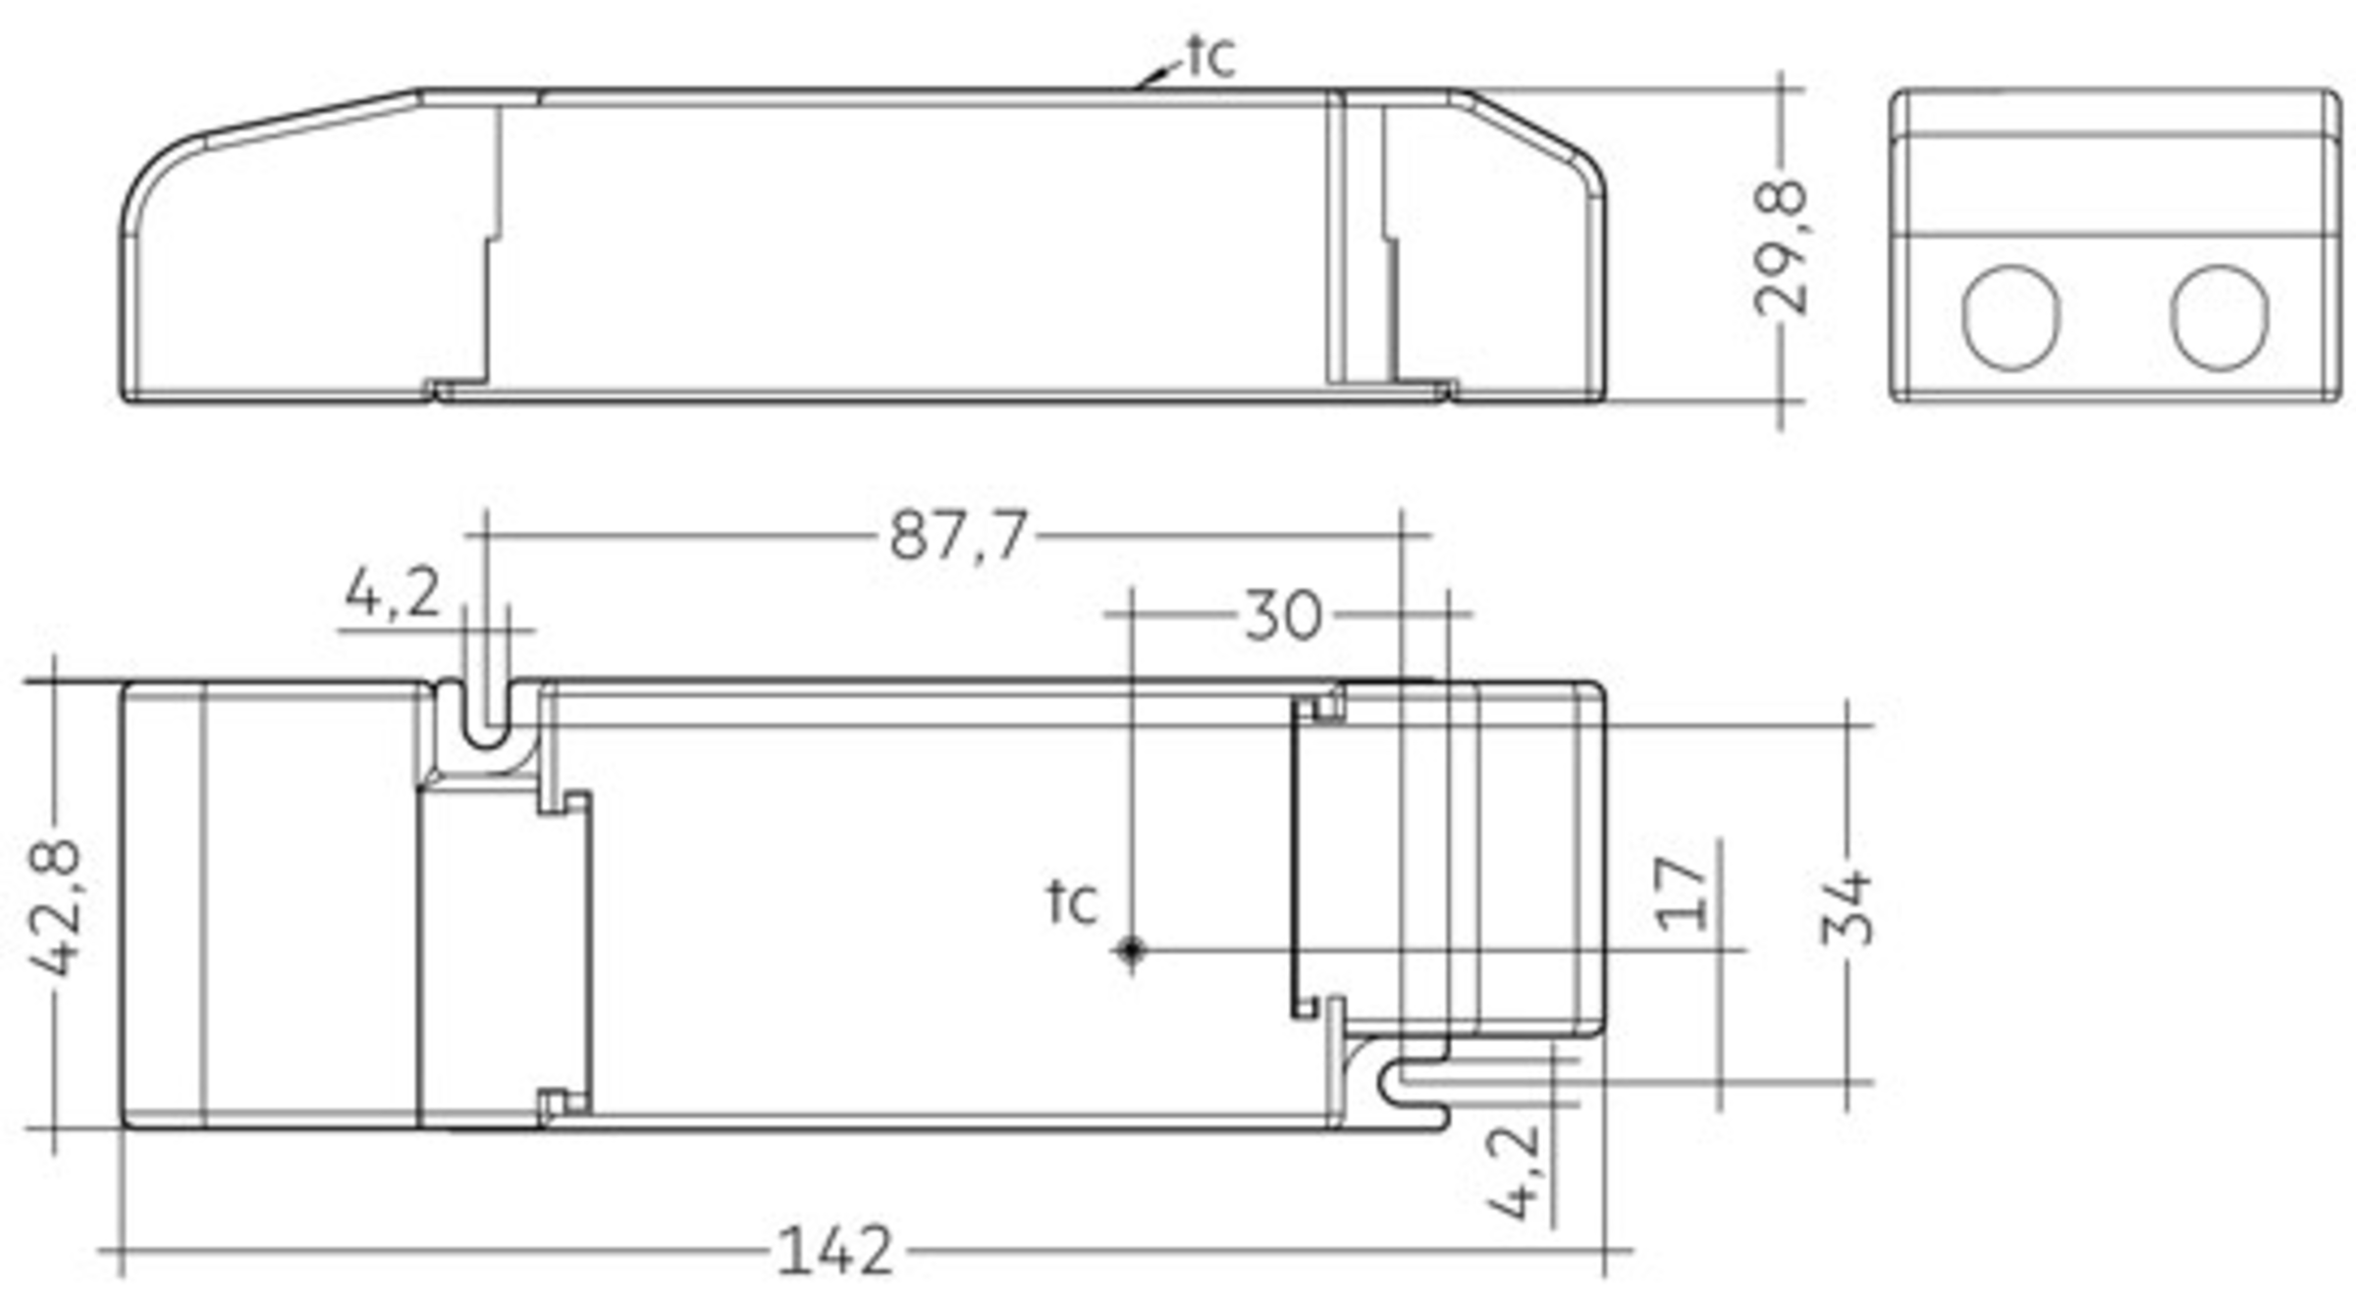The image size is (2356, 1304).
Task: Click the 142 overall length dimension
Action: pyautogui.click(x=835, y=1250)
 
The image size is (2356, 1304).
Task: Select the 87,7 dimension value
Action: pyautogui.click(x=958, y=536)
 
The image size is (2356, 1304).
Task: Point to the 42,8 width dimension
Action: pyautogui.click(x=55, y=908)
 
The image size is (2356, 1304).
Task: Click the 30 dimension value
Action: pyautogui.click(x=1283, y=616)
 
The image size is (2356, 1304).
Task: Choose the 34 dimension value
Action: pyautogui.click(x=1847, y=906)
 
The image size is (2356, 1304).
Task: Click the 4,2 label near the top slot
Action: pyautogui.click(x=393, y=592)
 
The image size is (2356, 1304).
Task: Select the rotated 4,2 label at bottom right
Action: pyautogui.click(x=1513, y=1172)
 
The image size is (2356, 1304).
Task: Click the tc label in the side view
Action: pyautogui.click(x=1210, y=56)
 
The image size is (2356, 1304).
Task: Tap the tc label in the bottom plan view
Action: pyautogui.click(x=1072, y=901)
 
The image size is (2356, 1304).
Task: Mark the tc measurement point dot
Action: pyautogui.click(x=1131, y=950)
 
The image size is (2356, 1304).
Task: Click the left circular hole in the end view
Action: pyautogui.click(x=2011, y=317)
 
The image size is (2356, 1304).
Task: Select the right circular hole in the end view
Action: pyautogui.click(x=2220, y=317)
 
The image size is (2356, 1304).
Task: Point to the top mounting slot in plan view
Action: pyautogui.click(x=486, y=712)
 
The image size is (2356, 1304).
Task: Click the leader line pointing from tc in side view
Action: pyautogui.click(x=1159, y=75)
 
